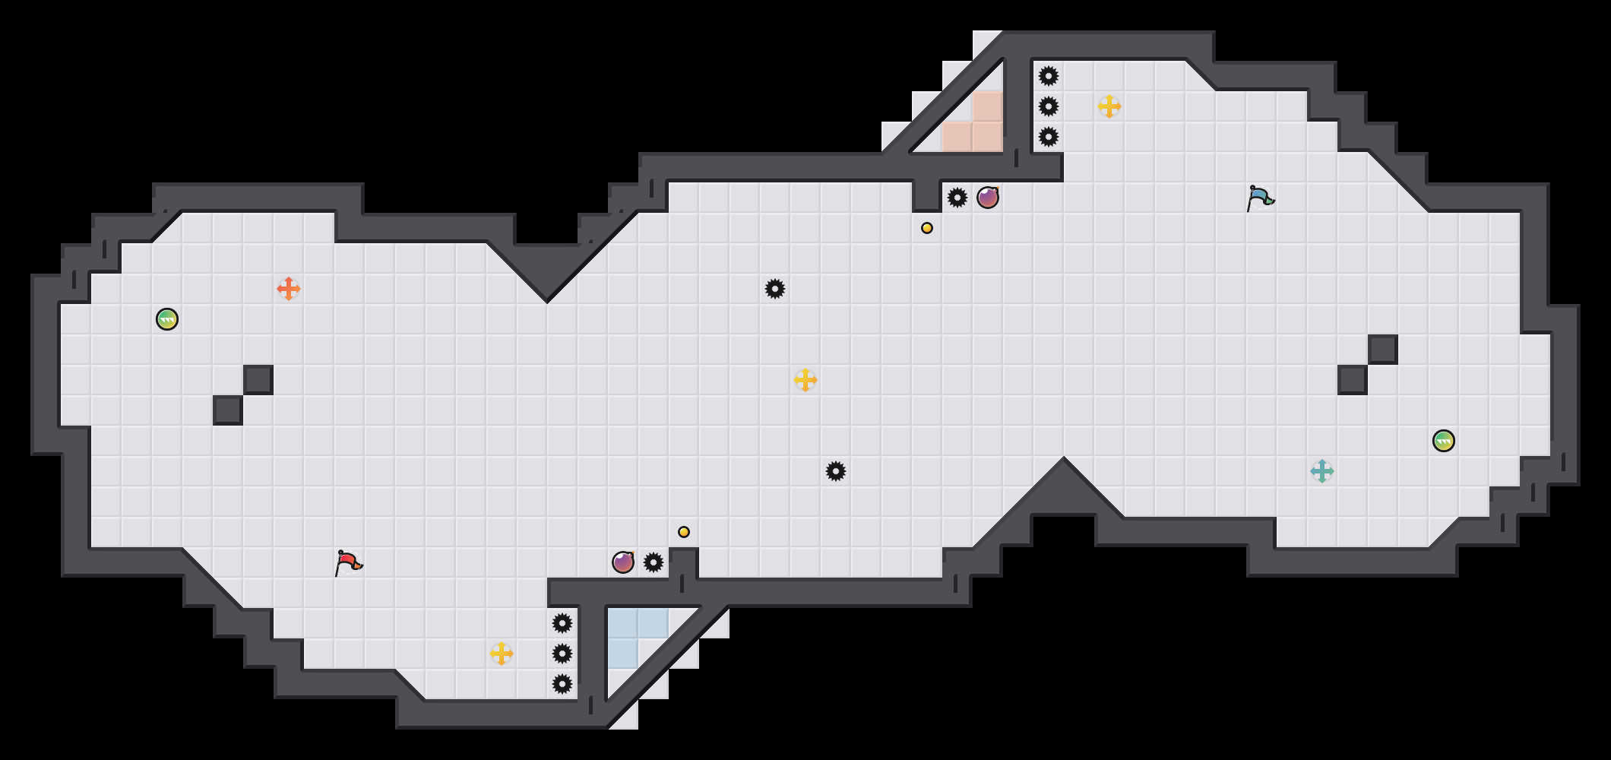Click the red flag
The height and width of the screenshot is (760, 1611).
348,562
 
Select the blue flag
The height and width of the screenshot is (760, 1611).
1260,198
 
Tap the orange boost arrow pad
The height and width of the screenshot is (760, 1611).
289,289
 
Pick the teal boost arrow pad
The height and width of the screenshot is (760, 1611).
1322,471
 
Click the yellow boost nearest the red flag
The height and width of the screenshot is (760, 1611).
502,654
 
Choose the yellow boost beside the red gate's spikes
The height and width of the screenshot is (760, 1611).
1109,106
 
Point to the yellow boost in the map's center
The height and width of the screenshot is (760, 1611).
805,380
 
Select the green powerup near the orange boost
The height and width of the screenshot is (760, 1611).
167,319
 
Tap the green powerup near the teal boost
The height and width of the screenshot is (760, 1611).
1444,441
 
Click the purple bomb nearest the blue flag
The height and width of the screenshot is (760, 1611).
988,198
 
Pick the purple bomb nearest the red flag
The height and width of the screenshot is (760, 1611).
623,562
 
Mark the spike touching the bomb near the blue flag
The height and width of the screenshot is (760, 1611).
957,198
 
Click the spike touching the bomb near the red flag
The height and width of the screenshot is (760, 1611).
654,562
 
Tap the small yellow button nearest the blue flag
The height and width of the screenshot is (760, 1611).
927,228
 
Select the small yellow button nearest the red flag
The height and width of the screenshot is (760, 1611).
684,532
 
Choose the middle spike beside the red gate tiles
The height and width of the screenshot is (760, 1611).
1049,106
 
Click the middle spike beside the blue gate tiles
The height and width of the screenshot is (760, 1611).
562,654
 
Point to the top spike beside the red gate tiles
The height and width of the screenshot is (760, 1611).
1049,76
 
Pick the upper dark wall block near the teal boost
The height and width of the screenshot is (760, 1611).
1383,350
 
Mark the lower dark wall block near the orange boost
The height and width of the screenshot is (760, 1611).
228,410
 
